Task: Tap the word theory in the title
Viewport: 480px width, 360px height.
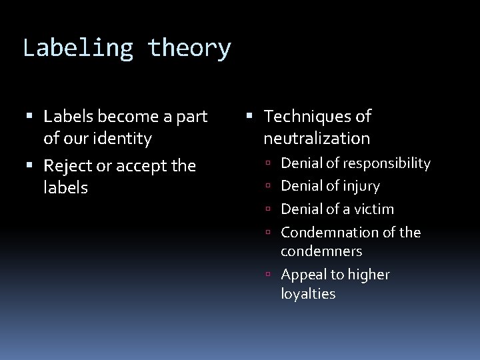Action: tap(190, 49)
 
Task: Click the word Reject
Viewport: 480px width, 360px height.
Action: tap(68, 165)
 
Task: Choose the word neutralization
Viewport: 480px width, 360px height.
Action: tap(317, 139)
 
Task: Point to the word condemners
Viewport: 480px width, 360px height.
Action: tap(321, 251)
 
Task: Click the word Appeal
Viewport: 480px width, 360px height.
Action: tap(303, 275)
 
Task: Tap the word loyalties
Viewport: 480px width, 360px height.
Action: tap(308, 294)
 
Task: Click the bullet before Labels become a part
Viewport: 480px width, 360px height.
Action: tap(33, 117)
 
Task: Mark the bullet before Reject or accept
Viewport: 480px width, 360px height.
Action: tap(33, 166)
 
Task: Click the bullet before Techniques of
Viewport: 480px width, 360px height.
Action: tap(253, 117)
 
